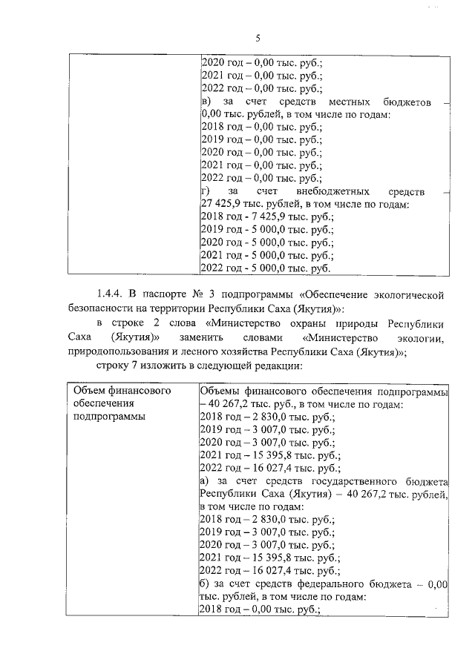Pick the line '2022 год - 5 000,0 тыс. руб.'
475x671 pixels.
266,268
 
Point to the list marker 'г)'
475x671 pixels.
206,191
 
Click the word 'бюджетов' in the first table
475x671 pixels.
407,102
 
